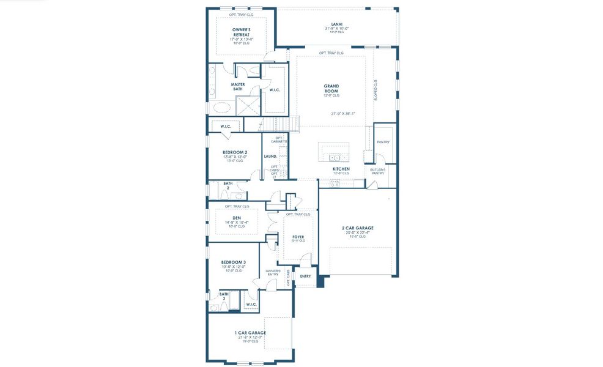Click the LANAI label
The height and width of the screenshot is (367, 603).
(x=336, y=24)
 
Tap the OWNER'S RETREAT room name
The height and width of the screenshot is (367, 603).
(x=241, y=32)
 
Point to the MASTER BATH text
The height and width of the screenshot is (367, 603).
(x=238, y=87)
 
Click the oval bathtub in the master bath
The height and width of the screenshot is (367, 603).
(x=222, y=108)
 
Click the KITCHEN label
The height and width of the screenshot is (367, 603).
(x=341, y=169)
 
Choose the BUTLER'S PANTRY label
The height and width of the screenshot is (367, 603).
(x=377, y=171)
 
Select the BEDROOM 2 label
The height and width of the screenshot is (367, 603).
(x=235, y=152)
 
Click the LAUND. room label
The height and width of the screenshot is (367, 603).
(x=270, y=156)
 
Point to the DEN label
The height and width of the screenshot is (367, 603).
(x=237, y=217)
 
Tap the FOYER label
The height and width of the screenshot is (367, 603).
(x=298, y=236)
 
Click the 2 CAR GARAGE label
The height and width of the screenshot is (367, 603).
(x=357, y=228)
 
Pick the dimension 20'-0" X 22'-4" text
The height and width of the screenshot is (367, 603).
(x=357, y=232)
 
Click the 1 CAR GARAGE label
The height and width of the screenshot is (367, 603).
(x=250, y=333)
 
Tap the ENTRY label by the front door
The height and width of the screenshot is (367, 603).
(x=305, y=276)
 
